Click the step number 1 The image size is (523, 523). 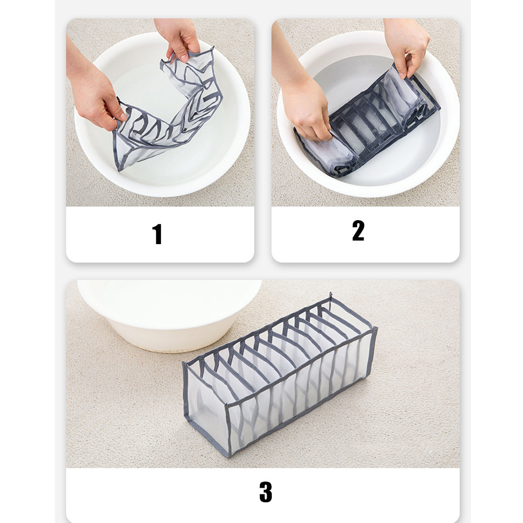coord(157,234)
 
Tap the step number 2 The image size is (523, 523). coord(358,230)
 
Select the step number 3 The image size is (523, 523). coord(266,491)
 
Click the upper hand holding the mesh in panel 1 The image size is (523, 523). coord(178,38)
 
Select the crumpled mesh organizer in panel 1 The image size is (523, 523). coord(167,110)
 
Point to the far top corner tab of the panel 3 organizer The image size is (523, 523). coord(330,296)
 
